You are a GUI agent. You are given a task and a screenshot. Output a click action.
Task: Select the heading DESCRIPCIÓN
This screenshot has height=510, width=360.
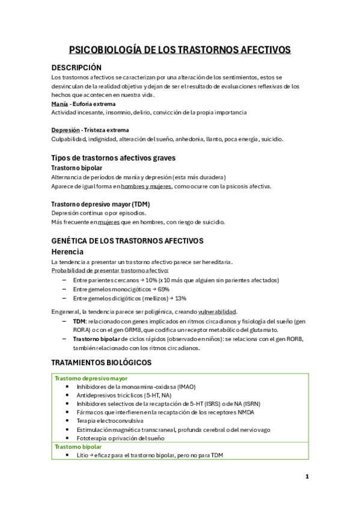[x=76, y=67]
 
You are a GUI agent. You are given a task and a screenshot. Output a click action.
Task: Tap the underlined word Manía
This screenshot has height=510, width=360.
[x=59, y=103]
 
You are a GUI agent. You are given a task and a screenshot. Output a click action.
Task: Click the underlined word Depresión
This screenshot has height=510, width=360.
[x=66, y=130]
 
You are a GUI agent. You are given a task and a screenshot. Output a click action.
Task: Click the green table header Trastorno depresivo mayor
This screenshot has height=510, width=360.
[x=91, y=378]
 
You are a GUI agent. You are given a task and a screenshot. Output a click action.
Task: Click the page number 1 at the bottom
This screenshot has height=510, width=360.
[x=307, y=476]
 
